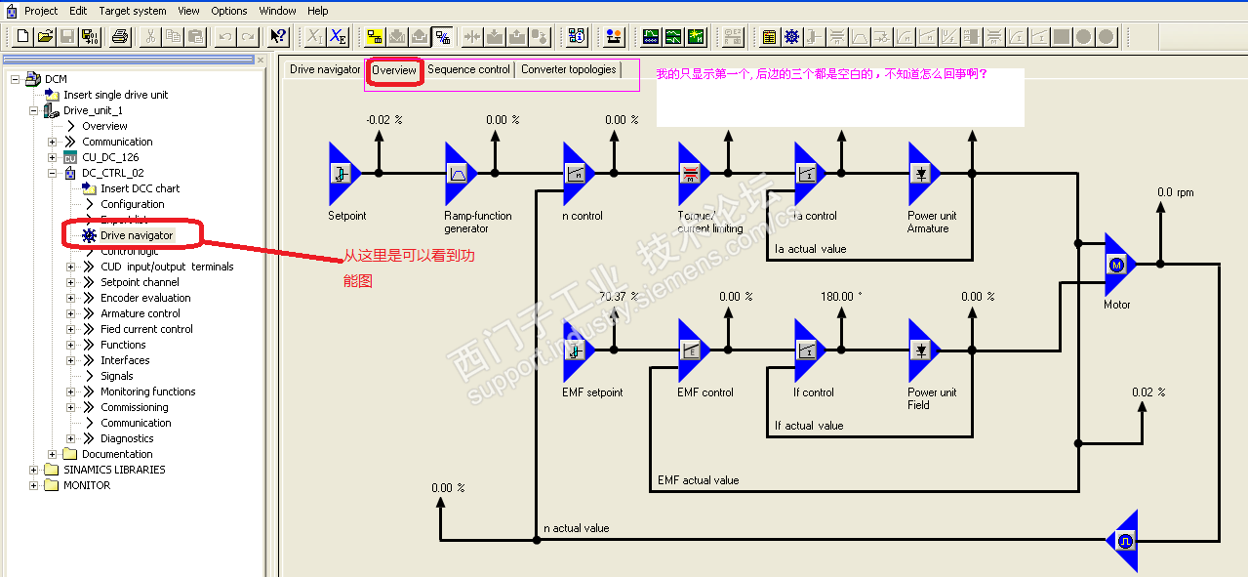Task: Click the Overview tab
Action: click(x=394, y=70)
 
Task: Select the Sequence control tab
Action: click(x=468, y=70)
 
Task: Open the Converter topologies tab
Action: click(x=568, y=70)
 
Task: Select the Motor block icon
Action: click(x=1118, y=264)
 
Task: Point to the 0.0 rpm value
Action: click(x=1175, y=192)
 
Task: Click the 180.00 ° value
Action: click(x=841, y=297)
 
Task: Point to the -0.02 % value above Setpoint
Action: click(x=383, y=120)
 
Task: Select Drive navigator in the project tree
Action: click(x=137, y=235)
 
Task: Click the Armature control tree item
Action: click(x=141, y=313)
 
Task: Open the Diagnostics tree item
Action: click(x=127, y=438)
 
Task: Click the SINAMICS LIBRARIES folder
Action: click(x=114, y=470)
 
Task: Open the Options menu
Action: click(x=229, y=11)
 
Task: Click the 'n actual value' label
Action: click(x=576, y=528)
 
